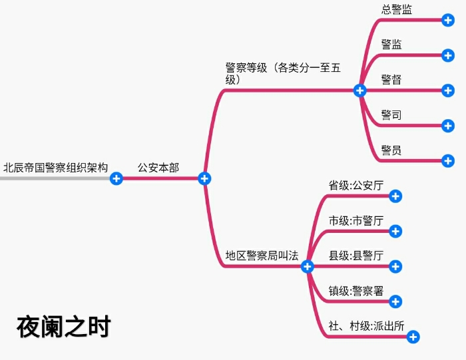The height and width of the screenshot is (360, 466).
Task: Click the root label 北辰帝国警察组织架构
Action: [55, 168]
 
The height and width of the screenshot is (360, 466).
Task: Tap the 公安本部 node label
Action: [158, 168]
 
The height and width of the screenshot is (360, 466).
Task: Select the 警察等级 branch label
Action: [284, 73]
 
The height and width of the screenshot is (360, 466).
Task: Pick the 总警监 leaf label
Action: [396, 9]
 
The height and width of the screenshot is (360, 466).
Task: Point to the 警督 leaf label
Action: [391, 80]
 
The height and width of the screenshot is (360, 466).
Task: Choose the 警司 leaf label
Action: [391, 115]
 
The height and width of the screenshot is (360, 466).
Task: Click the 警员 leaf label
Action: [391, 150]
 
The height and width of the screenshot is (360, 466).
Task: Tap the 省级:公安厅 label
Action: [356, 186]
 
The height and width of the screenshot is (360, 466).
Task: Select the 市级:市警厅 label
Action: [356, 221]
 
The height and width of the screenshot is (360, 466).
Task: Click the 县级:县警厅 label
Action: [356, 256]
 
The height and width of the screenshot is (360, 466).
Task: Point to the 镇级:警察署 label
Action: [356, 291]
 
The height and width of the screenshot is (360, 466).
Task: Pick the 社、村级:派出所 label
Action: [366, 326]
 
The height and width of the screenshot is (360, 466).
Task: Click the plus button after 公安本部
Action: [205, 178]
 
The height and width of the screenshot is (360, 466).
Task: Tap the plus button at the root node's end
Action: [116, 178]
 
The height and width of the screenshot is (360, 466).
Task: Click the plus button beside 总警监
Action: [448, 20]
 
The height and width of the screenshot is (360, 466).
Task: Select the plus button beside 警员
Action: [448, 160]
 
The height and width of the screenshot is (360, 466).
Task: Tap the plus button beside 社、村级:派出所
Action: [413, 337]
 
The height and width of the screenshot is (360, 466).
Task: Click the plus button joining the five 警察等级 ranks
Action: [360, 90]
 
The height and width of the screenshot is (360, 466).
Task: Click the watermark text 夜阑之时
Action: [63, 327]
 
